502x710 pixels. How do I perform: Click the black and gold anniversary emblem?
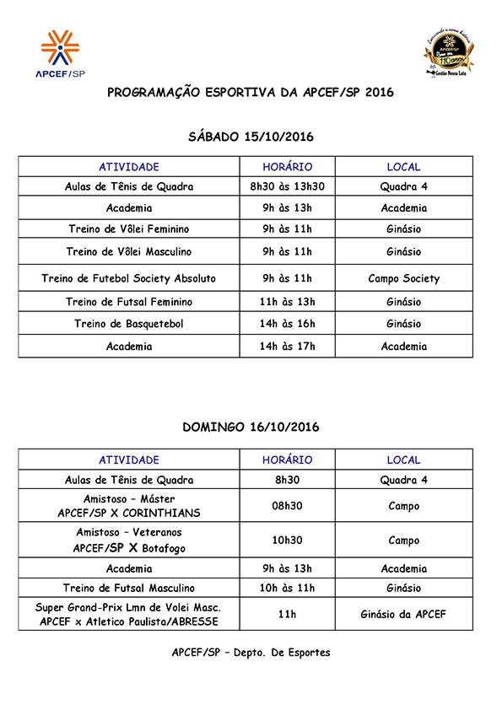point(448,52)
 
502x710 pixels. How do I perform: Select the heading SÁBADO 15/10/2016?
point(250,136)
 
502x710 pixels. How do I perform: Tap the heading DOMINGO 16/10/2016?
point(250,428)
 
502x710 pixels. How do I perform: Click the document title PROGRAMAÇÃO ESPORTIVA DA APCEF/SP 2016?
point(250,93)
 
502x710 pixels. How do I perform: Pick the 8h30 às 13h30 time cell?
point(287,186)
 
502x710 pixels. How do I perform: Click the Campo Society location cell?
point(403,278)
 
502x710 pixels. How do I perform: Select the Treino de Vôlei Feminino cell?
point(129,229)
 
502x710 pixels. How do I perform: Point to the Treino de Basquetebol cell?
point(129,324)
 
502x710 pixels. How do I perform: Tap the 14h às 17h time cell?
point(287,347)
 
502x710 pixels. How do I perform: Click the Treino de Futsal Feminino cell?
point(129,302)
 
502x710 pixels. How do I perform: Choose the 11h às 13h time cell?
point(287,302)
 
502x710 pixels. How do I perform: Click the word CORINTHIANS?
point(160,513)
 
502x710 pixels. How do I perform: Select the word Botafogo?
point(162,548)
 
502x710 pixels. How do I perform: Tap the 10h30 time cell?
point(287,541)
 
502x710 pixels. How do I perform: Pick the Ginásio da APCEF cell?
point(403,614)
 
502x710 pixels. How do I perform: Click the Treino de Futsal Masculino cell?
point(129,588)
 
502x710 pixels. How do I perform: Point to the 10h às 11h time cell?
point(287,588)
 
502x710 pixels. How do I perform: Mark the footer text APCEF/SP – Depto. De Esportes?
point(251,653)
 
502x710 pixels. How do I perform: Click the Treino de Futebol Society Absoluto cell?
point(129,278)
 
